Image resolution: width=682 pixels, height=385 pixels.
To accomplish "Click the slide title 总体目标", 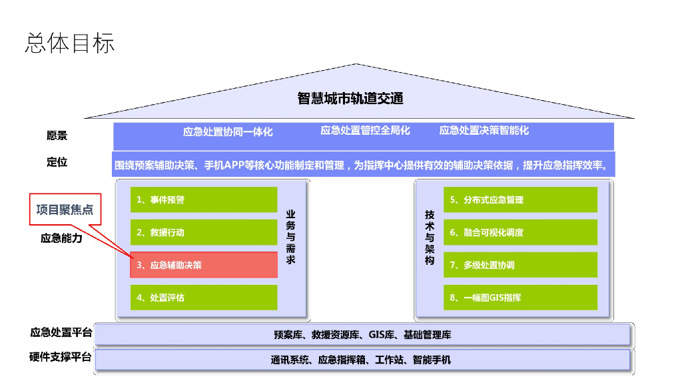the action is click(69, 43).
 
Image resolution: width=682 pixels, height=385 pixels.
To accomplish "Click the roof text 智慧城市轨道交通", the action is click(350, 99).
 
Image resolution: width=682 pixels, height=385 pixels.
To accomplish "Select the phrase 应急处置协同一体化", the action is click(228, 131).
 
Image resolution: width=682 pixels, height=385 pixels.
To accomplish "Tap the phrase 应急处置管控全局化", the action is click(365, 130).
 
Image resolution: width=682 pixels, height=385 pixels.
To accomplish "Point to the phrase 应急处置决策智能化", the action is click(484, 130).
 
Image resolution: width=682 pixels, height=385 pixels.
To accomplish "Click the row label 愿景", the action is click(57, 135).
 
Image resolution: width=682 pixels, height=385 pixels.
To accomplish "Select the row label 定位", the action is click(57, 162).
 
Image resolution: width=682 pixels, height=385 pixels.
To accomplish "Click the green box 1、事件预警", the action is click(204, 200).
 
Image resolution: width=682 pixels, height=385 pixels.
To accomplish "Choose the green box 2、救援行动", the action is click(204, 233).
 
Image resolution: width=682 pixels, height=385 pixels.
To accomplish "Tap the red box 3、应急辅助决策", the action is click(204, 265).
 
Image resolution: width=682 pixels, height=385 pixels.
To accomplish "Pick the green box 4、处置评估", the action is click(204, 298).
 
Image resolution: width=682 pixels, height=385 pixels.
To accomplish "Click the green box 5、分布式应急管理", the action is click(521, 200).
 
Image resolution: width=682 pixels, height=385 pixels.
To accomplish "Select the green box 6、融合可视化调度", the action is click(521, 233).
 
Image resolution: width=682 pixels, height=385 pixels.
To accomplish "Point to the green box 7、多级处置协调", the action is click(521, 265).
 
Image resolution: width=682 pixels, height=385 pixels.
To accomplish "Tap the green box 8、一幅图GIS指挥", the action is click(521, 298).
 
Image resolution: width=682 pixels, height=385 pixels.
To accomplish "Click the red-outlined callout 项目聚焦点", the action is click(65, 210).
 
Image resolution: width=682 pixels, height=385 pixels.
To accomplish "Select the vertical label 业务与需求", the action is click(290, 237).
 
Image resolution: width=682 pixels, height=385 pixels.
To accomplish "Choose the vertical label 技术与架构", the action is click(430, 238).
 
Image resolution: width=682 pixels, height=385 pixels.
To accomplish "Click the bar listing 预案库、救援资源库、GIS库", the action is click(362, 334).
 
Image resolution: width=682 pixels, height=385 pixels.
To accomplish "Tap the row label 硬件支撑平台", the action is click(61, 357).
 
